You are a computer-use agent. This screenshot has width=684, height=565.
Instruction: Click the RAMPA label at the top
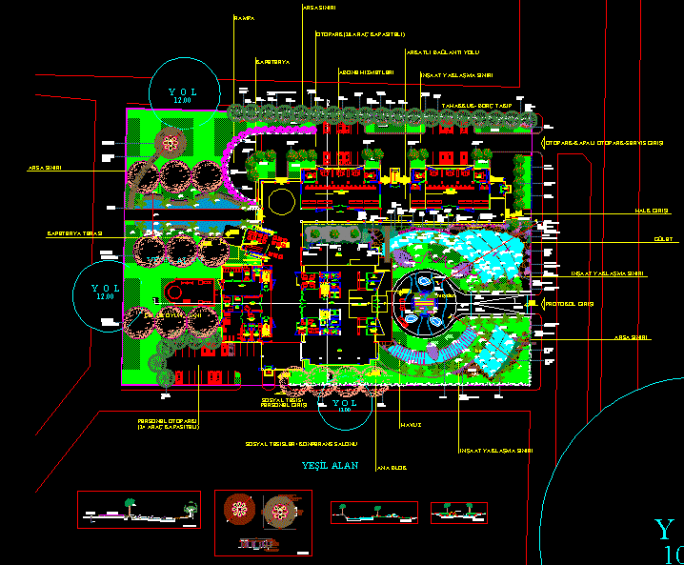(x=244, y=18)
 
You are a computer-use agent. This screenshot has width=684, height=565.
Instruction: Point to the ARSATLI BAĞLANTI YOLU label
(x=442, y=51)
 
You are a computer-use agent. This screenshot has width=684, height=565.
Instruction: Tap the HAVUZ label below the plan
(x=411, y=424)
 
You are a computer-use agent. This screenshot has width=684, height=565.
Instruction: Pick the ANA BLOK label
(x=391, y=468)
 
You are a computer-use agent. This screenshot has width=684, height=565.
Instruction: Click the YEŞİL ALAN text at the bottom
(x=330, y=465)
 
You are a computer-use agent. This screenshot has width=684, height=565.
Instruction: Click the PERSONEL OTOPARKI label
(x=167, y=423)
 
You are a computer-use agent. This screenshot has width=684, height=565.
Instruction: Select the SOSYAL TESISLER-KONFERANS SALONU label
(x=301, y=444)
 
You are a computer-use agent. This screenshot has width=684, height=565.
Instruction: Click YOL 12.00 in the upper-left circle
(x=181, y=95)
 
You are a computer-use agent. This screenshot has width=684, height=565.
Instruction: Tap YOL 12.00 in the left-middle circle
(x=106, y=292)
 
